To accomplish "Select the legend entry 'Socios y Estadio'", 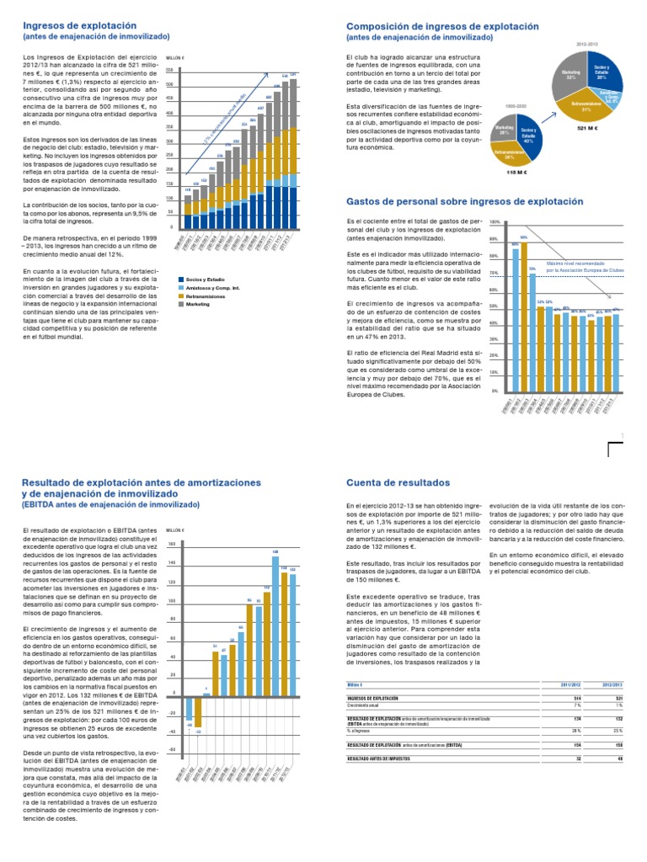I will [x=206, y=279].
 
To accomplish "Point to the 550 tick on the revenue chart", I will [x=170, y=70].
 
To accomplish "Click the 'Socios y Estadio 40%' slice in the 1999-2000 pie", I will [x=528, y=135].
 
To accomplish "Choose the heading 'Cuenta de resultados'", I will [x=399, y=482].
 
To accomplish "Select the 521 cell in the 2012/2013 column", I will [x=616, y=699].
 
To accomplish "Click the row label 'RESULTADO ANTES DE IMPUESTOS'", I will [x=383, y=759].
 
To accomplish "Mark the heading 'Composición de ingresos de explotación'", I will [x=442, y=26].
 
